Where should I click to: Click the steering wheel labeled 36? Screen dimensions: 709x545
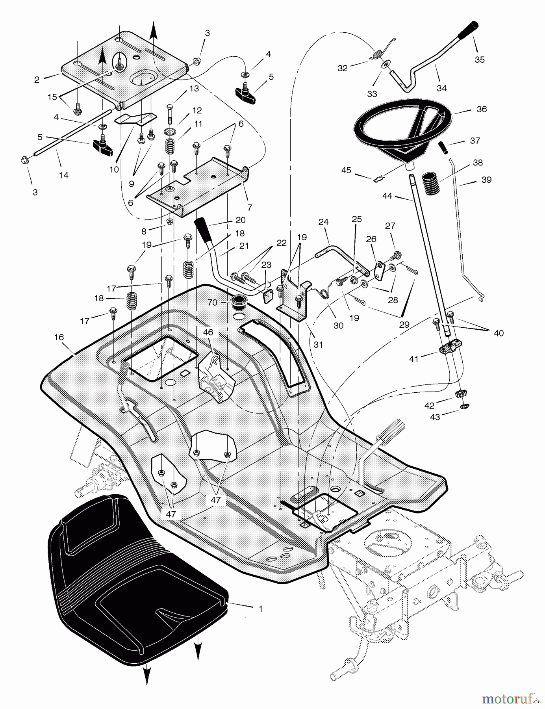tap(402, 122)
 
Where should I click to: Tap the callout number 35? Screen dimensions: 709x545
tap(479, 59)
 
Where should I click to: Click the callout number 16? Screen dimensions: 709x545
tap(59, 338)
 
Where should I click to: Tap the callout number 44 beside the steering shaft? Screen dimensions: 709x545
tap(387, 196)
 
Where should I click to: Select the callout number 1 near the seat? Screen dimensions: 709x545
tap(260, 609)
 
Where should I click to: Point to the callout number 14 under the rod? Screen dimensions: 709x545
tap(63, 175)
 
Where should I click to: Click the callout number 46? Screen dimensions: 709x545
tap(208, 332)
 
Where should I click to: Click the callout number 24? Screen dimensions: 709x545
tap(323, 222)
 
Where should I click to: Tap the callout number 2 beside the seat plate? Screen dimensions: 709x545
tap(37, 80)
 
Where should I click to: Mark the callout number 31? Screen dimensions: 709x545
tap(318, 344)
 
